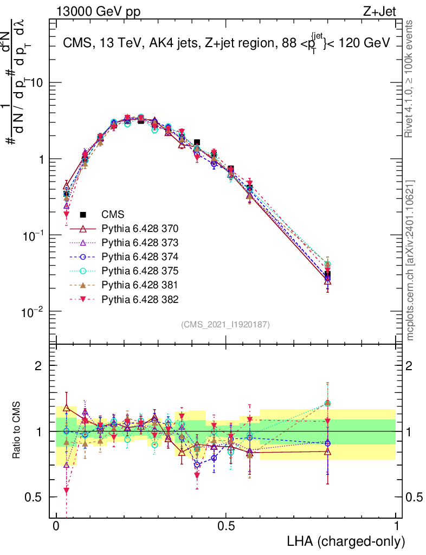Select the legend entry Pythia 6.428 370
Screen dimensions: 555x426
coord(140,228)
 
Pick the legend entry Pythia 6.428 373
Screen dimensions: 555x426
coord(140,242)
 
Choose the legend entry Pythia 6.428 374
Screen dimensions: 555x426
coord(140,256)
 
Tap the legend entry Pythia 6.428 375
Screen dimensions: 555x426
coord(140,270)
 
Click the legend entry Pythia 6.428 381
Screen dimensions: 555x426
coord(140,285)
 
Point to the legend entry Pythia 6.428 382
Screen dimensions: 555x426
coord(140,299)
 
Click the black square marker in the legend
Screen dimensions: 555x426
coord(83,214)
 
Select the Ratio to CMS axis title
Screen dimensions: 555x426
coord(18,431)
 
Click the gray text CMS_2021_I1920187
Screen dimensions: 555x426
coord(225,324)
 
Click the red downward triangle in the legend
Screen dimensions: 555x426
coord(83,299)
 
